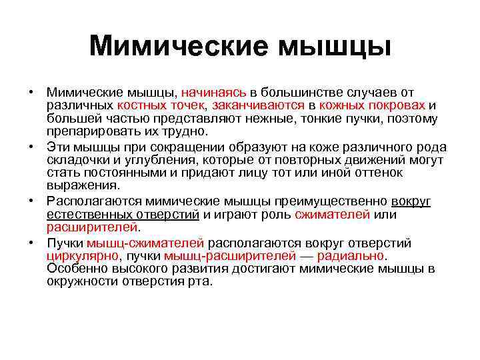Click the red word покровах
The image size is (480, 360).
(x=391, y=106)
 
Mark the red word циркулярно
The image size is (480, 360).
(x=82, y=256)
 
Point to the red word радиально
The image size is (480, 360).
(x=351, y=256)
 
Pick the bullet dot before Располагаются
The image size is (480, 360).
(x=31, y=201)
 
